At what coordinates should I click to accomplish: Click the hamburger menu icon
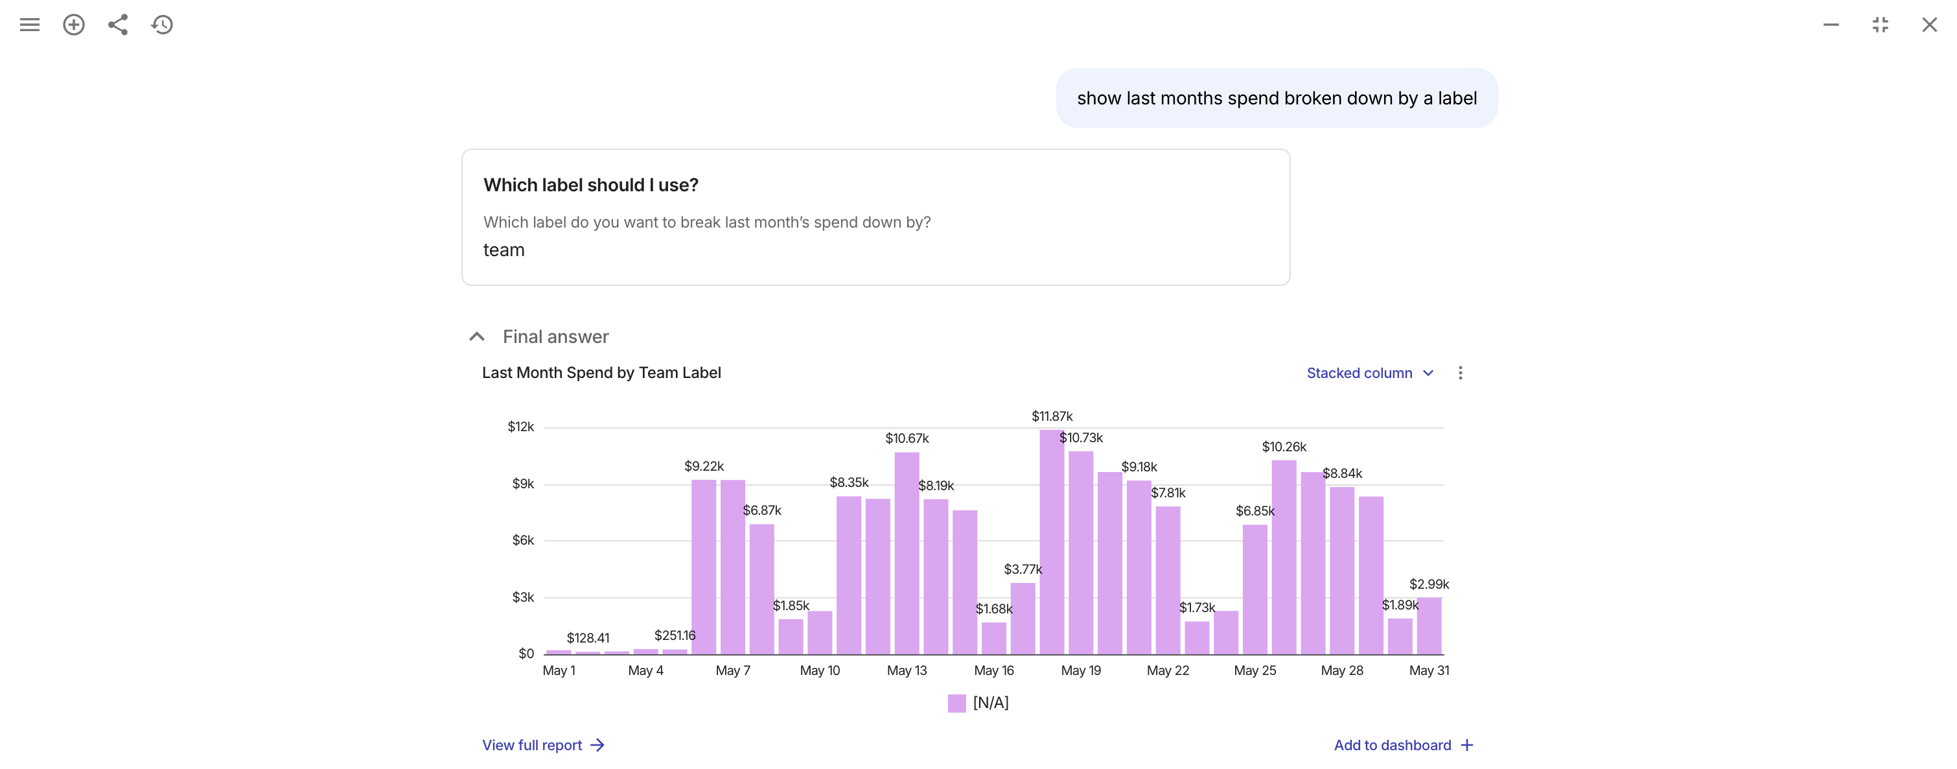click(x=30, y=25)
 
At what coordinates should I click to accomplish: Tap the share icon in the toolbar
click(x=118, y=25)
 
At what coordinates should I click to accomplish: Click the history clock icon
click(x=162, y=25)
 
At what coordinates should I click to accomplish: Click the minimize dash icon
click(x=1831, y=25)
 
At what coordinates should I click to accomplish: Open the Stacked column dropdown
click(x=1370, y=373)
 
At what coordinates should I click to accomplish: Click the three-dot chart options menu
click(x=1460, y=373)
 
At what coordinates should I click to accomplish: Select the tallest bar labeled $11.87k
click(x=1052, y=543)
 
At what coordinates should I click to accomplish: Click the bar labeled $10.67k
click(x=907, y=554)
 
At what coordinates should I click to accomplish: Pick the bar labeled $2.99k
click(x=1429, y=626)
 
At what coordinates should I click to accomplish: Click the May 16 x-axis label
click(x=993, y=671)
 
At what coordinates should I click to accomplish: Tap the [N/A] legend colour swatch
click(x=956, y=704)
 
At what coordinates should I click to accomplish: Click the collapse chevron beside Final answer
click(x=476, y=337)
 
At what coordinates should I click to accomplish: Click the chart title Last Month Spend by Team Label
click(x=601, y=373)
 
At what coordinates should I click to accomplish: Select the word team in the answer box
click(x=504, y=251)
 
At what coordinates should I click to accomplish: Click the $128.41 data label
click(x=588, y=638)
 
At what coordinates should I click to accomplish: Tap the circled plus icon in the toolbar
click(x=74, y=25)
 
